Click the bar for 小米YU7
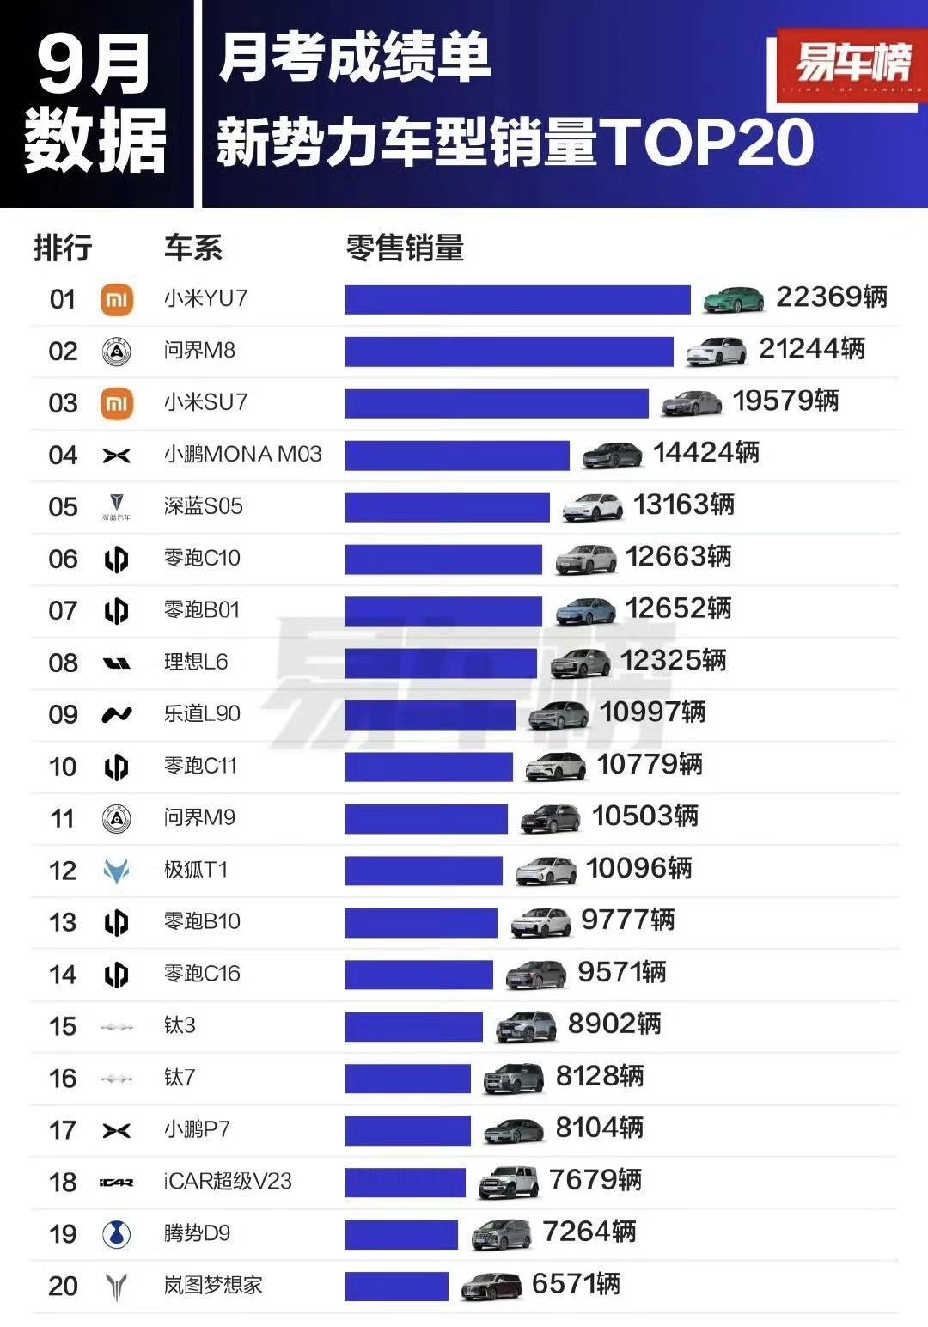pyautogui.click(x=517, y=300)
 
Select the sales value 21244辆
pyautogui.click(x=811, y=349)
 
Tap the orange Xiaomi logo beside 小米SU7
pyautogui.click(x=117, y=403)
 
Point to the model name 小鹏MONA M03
pyautogui.click(x=242, y=454)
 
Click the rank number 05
pyautogui.click(x=63, y=507)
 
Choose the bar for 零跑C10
pyautogui.click(x=443, y=560)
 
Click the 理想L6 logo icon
pyautogui.click(x=117, y=663)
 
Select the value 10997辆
pyautogui.click(x=652, y=712)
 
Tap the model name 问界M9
pyautogui.click(x=199, y=817)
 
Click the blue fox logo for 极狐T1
pyautogui.click(x=117, y=871)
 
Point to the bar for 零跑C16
pyautogui.click(x=418, y=975)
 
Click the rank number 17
pyautogui.click(x=63, y=1130)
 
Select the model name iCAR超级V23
pyautogui.click(x=228, y=1182)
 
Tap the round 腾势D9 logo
pyautogui.click(x=117, y=1234)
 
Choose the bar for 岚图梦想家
pyautogui.click(x=396, y=1287)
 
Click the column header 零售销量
pyautogui.click(x=404, y=248)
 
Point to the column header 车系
pyautogui.click(x=192, y=248)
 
